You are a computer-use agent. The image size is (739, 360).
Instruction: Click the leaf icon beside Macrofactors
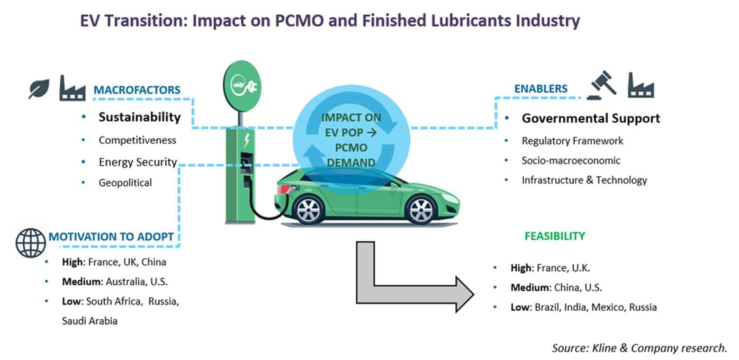pyautogui.click(x=39, y=89)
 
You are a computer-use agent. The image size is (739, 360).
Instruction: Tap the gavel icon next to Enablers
pyautogui.click(x=602, y=85)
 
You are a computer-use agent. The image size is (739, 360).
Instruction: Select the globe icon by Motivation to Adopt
pyautogui.click(x=31, y=243)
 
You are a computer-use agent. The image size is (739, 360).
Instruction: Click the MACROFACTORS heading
pyautogui.click(x=137, y=90)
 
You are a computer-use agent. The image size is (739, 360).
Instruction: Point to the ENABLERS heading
pyautogui.click(x=541, y=89)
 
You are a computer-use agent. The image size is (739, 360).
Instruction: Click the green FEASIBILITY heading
pyautogui.click(x=555, y=236)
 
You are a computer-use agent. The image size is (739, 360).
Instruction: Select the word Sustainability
pyautogui.click(x=140, y=117)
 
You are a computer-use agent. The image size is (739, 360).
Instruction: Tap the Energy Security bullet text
pyautogui.click(x=138, y=162)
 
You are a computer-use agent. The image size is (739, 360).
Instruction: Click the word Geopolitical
pyautogui.click(x=125, y=182)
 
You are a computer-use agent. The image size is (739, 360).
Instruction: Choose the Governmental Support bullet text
pyautogui.click(x=591, y=118)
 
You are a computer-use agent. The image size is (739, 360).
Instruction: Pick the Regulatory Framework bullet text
pyautogui.click(x=572, y=141)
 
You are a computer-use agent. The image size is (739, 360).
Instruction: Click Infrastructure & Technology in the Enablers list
pyautogui.click(x=584, y=180)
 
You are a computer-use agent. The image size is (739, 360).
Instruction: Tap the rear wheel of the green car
pyautogui.click(x=308, y=210)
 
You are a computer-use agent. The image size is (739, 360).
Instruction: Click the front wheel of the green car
pyautogui.click(x=420, y=210)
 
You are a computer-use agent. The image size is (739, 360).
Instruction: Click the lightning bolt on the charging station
pyautogui.click(x=247, y=140)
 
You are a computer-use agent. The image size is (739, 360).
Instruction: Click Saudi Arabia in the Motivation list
pyautogui.click(x=90, y=321)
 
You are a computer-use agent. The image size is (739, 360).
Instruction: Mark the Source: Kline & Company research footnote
pyautogui.click(x=640, y=348)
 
